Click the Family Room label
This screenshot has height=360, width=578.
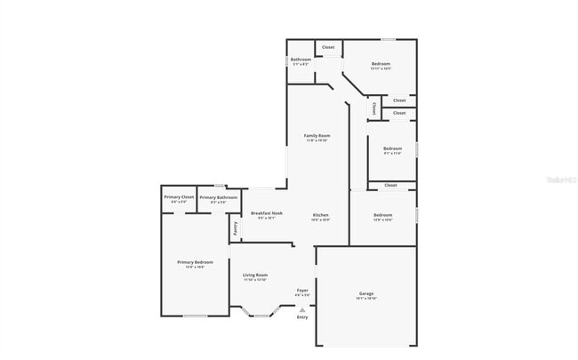(317, 135)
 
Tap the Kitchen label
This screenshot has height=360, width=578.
(321, 215)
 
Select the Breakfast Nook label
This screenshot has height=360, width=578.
(267, 213)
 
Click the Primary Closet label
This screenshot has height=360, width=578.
(179, 196)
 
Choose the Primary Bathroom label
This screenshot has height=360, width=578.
(218, 197)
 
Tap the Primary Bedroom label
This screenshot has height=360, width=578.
(195, 262)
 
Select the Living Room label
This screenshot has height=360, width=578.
(255, 276)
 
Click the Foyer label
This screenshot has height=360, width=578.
(302, 290)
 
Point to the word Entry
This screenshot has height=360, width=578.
(302, 317)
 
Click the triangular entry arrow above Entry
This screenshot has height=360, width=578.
(302, 308)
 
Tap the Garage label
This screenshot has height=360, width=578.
(366, 293)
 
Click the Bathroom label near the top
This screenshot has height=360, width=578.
(301, 60)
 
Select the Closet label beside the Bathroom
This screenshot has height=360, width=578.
(328, 47)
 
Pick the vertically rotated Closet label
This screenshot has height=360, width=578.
(374, 108)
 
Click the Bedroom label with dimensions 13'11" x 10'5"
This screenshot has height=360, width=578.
(381, 64)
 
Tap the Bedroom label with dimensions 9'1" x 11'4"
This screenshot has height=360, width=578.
(392, 148)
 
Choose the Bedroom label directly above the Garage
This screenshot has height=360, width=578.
(383, 215)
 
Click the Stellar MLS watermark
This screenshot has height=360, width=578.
(560, 180)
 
